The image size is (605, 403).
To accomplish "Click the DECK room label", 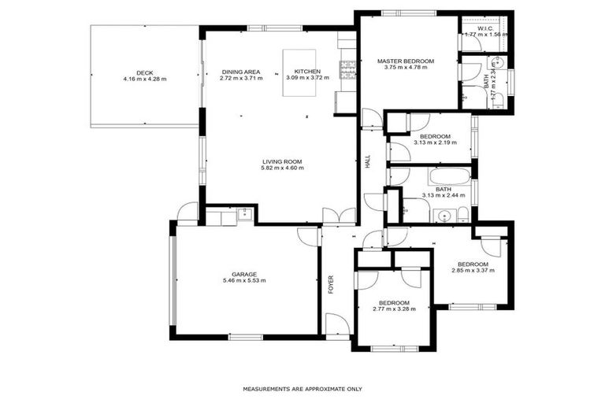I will pyautogui.click(x=144, y=72).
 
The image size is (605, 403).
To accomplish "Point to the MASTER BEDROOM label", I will pyautogui.click(x=405, y=61).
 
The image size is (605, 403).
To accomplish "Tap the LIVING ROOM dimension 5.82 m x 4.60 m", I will pyautogui.click(x=283, y=168).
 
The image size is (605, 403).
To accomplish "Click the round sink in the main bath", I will pyautogui.click(x=444, y=215).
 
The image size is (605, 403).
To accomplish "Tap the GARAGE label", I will pyautogui.click(x=244, y=274).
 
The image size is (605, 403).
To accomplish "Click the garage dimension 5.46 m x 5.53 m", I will pyautogui.click(x=244, y=280).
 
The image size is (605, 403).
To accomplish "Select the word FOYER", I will pyautogui.click(x=331, y=284).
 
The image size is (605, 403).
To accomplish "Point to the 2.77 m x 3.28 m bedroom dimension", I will pyautogui.click(x=393, y=309).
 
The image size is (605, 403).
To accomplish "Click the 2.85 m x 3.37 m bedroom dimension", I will pyautogui.click(x=473, y=271).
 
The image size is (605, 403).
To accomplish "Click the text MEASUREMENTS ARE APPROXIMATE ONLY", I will pyautogui.click(x=302, y=389).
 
